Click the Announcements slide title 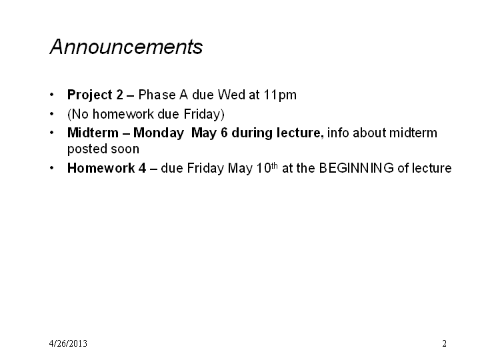click(126, 47)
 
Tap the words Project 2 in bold click(95, 95)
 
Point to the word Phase click(157, 95)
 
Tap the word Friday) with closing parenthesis click(204, 115)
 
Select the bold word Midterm click(93, 133)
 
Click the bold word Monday click(159, 133)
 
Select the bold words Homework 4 click(107, 168)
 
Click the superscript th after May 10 click(274, 165)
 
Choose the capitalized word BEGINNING click(356, 168)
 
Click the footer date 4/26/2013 click(68, 343)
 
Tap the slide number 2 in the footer click(444, 343)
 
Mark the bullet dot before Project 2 click(52, 95)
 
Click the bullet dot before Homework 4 click(52, 168)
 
